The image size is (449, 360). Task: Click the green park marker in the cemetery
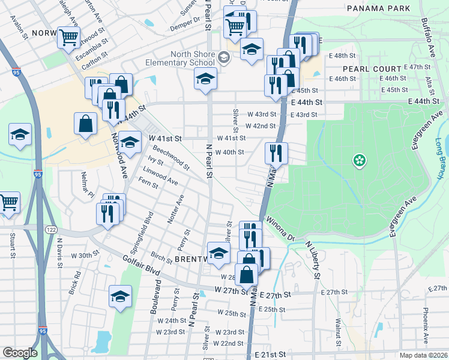(360, 160)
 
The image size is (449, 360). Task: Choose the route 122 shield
(51, 230)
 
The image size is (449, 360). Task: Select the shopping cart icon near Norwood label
(68, 37)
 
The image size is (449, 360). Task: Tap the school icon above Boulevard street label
(120, 296)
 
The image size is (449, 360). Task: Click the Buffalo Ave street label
(428, 37)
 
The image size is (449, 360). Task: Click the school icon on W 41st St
(128, 142)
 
